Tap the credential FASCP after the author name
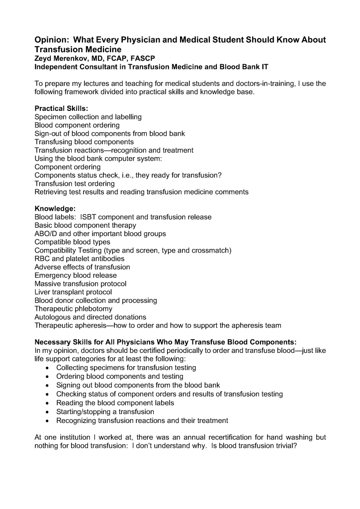[x=142, y=58]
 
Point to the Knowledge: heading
[x=55, y=209]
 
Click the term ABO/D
[x=46, y=234]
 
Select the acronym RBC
[x=43, y=259]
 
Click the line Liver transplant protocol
[x=73, y=292]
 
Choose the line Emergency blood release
[x=76, y=275]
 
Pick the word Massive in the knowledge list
[x=48, y=284]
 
